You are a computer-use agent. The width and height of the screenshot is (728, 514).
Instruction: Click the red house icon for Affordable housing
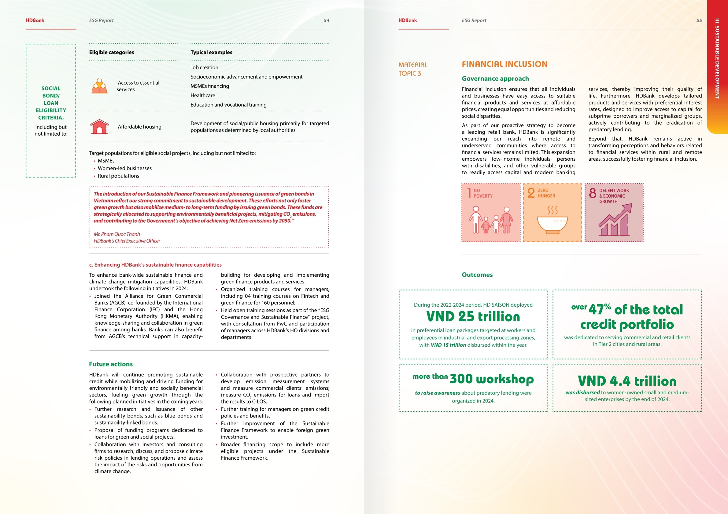[x=99, y=127]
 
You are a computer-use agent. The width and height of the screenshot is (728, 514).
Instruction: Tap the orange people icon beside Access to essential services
[x=100, y=86]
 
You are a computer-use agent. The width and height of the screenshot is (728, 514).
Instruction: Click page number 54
[x=326, y=20]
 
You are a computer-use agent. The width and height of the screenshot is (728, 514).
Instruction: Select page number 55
[x=699, y=20]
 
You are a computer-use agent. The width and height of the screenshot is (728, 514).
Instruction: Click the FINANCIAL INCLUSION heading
[x=504, y=64]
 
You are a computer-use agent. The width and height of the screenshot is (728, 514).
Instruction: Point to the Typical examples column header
[x=211, y=52]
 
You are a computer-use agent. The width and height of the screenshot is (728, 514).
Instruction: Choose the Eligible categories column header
[x=111, y=52]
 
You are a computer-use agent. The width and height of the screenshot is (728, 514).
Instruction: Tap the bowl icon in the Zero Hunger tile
[x=552, y=224]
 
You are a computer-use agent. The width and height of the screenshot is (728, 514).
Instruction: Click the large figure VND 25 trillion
[x=473, y=316]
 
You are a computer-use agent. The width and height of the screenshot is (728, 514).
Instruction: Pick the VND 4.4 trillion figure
[x=627, y=381]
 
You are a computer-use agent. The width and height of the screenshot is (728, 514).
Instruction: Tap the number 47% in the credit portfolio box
[x=600, y=309]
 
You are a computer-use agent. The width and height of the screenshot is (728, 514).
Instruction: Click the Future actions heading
[x=111, y=364]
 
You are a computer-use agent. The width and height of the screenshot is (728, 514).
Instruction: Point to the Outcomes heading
[x=477, y=275]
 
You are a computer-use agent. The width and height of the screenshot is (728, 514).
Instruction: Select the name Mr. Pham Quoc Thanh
[x=117, y=234]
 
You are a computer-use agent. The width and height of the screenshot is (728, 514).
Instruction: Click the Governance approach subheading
[x=495, y=78]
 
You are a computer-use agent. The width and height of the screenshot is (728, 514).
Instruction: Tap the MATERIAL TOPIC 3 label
[x=412, y=69]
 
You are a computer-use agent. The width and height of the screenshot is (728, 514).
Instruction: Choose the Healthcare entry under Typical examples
[x=203, y=95]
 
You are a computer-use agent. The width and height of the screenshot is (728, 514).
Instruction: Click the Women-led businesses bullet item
[x=125, y=168]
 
